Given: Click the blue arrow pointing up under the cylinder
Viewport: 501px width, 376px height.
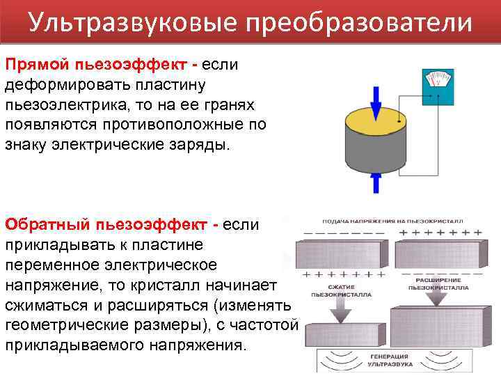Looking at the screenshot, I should click(x=376, y=182).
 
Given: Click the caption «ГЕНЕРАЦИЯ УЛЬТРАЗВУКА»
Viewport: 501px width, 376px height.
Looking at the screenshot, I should click(x=390, y=361).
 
